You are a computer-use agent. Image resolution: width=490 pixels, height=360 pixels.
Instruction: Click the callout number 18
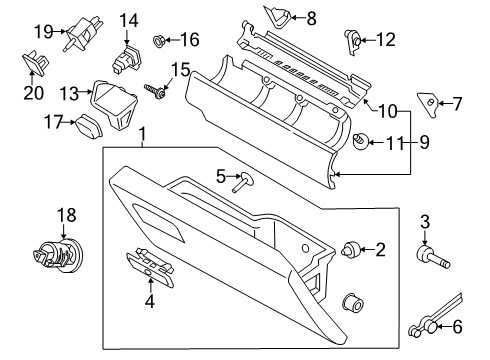point(65,215)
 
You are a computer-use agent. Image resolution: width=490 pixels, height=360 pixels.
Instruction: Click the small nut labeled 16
point(159,41)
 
